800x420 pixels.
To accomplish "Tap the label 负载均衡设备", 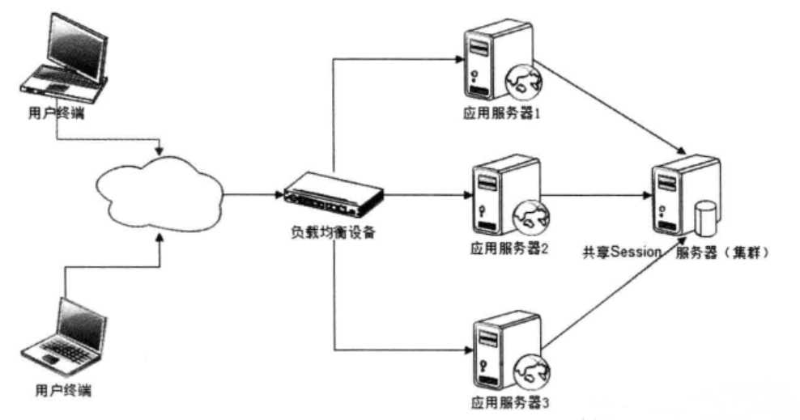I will [333, 231].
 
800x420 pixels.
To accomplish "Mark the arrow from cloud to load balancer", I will [252, 194].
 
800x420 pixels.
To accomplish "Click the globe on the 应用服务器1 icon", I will [522, 81].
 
